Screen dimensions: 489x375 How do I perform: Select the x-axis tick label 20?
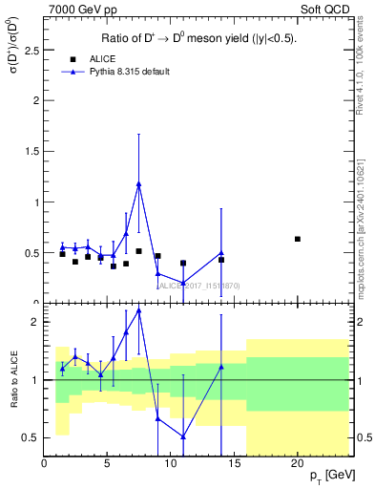pos(297,463)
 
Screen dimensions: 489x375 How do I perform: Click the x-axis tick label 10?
pos(170,463)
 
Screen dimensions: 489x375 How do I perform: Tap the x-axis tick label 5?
pos(107,463)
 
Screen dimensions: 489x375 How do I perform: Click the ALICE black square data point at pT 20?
pos(298,239)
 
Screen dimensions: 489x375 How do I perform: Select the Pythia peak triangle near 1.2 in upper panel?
pos(139,183)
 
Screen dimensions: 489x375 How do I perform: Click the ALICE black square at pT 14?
pos(221,260)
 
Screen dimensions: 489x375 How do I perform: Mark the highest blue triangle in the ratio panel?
pos(139,310)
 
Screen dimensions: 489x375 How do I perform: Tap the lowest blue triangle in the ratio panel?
pos(183,436)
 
